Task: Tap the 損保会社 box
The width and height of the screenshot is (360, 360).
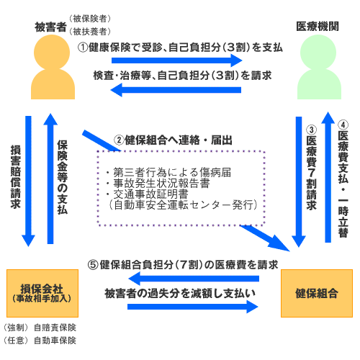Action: click(x=42, y=293)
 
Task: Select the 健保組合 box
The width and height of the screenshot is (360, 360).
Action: click(x=317, y=293)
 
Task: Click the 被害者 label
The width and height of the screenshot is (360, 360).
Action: click(x=50, y=27)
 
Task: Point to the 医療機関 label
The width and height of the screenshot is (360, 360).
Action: click(x=318, y=27)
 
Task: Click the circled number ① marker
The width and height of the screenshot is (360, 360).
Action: click(x=83, y=48)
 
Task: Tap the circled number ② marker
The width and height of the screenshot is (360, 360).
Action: click(x=119, y=140)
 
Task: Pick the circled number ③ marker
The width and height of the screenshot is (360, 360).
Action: click(x=311, y=130)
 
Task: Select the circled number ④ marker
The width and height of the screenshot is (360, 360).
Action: click(x=343, y=125)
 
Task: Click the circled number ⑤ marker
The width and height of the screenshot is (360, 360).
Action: click(x=93, y=265)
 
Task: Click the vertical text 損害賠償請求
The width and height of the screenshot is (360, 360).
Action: click(x=16, y=177)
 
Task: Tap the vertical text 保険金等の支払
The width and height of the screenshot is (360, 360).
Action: click(x=63, y=177)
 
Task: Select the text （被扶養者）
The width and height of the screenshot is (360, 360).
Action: click(x=90, y=32)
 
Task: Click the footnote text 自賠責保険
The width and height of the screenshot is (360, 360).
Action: click(x=55, y=328)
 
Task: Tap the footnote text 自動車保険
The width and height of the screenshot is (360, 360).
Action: click(x=55, y=341)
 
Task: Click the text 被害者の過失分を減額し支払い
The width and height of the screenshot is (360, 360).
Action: click(x=180, y=293)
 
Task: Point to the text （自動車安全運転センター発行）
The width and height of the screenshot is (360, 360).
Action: click(x=183, y=205)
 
